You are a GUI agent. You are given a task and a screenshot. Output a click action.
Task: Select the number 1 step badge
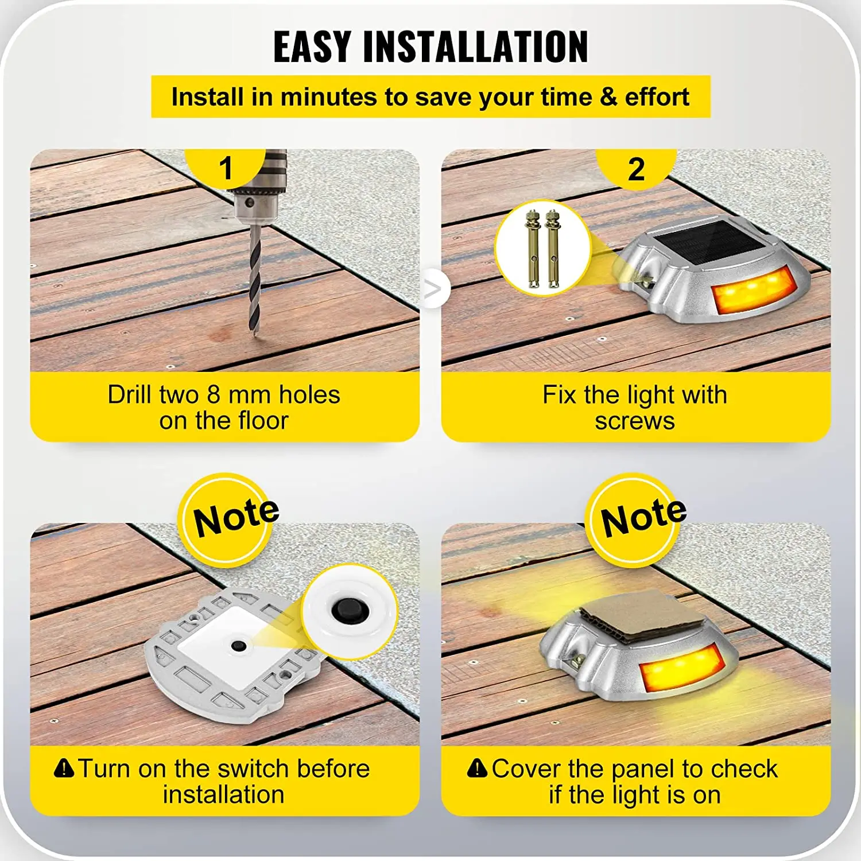coord(226,168)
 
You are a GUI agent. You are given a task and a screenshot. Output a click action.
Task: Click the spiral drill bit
coord(254,281)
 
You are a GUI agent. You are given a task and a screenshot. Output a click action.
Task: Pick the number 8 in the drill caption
coord(214,395)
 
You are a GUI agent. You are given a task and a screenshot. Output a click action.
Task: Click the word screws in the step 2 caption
coord(634,421)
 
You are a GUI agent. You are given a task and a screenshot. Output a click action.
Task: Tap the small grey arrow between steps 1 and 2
coord(433,289)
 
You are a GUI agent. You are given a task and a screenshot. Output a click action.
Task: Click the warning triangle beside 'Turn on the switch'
coord(64,768)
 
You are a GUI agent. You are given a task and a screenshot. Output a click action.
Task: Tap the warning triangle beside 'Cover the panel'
coord(477,768)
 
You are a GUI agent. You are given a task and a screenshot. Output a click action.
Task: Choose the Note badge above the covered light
coord(642,519)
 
